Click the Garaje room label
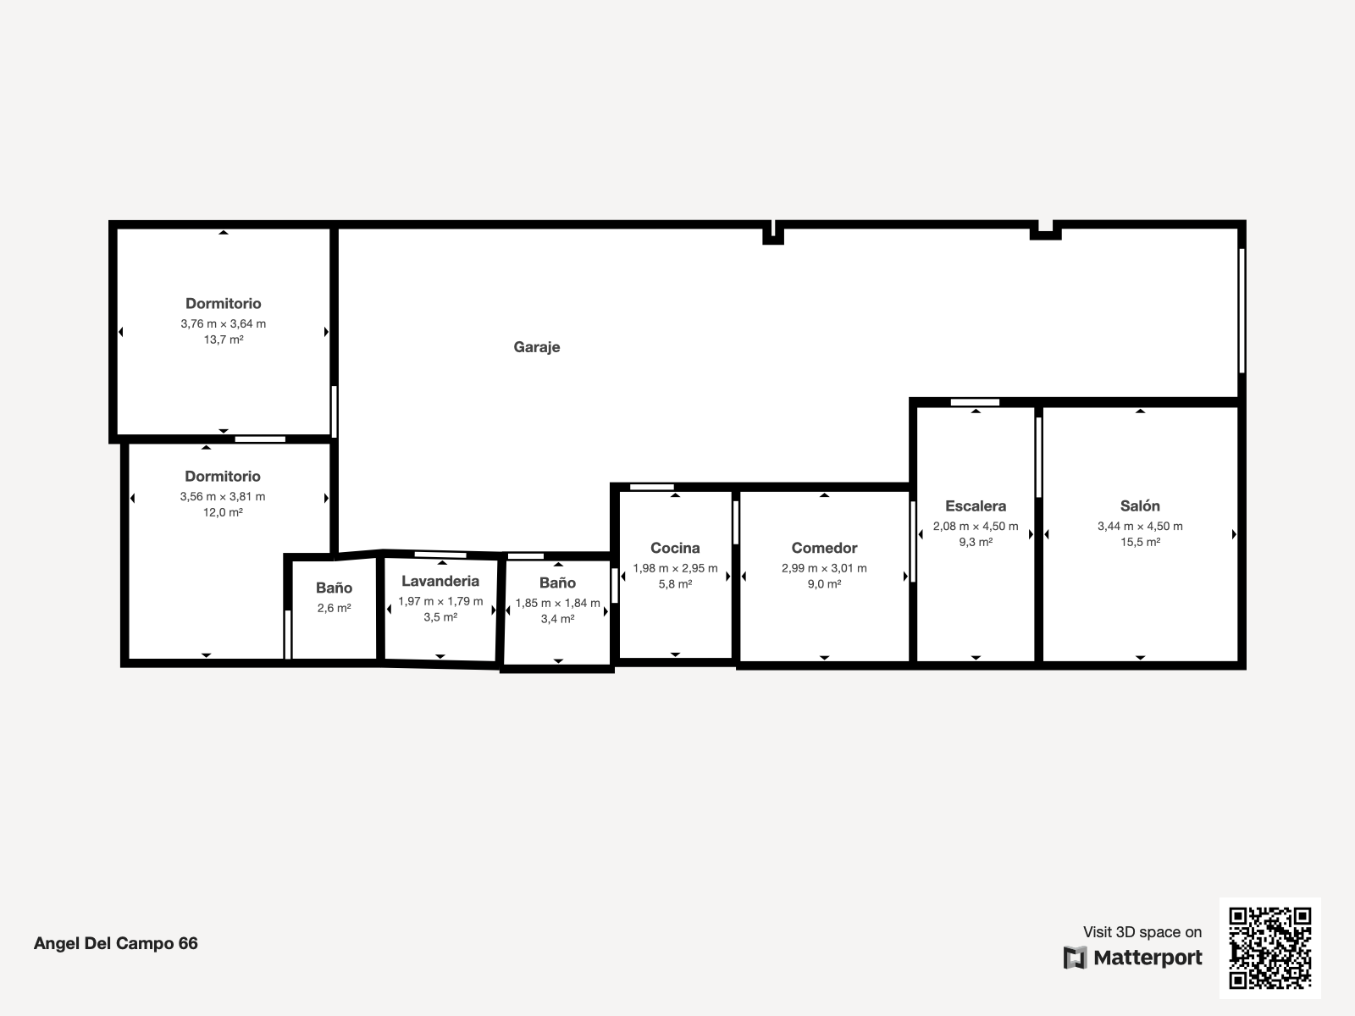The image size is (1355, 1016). point(536,347)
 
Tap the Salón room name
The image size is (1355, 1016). point(1140,505)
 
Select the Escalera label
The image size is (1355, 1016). point(976,505)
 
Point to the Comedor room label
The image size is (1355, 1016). point(824,548)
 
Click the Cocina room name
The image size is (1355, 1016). point(675,548)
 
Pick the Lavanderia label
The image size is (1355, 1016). point(440,581)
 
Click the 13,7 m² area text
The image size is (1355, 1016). point(224,340)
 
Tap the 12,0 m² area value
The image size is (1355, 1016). point(223,512)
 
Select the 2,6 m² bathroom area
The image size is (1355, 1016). point(334,608)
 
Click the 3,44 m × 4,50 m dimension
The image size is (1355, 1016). point(1140,526)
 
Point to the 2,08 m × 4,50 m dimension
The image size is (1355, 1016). point(976,526)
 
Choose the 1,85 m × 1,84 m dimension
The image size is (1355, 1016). point(557,603)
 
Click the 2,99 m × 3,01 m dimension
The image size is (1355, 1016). point(824,568)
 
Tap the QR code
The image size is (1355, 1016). point(1269,947)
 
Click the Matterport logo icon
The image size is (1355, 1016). point(1075,958)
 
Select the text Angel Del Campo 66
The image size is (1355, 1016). point(115,943)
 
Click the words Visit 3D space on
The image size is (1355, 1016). point(1142,932)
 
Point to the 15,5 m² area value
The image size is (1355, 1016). point(1140,542)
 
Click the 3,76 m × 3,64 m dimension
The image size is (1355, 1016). point(224,323)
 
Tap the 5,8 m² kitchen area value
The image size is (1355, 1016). point(675,583)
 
